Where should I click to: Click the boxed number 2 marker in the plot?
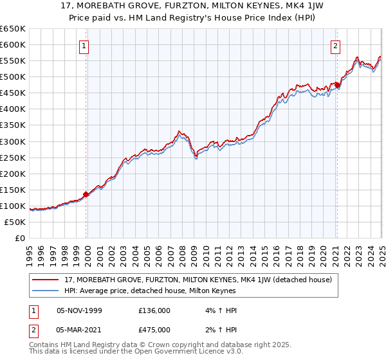pos(336,46)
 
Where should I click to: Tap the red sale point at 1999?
pos(86,194)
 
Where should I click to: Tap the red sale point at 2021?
pos(336,84)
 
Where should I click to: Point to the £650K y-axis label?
pos(13,29)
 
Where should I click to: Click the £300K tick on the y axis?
pos(13,141)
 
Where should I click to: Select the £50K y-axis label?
pos(15,222)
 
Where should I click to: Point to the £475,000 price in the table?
pos(154,330)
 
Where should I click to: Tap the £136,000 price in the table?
pos(154,310)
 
